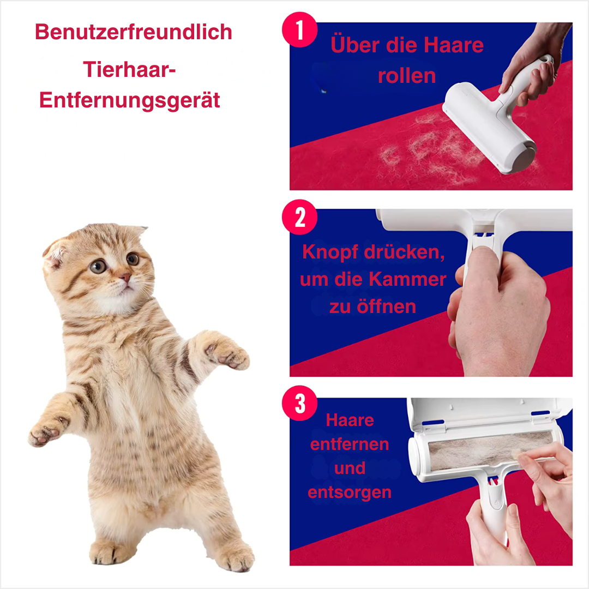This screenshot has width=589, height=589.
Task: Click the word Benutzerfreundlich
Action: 134,32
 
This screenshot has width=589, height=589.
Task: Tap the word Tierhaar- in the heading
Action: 129,69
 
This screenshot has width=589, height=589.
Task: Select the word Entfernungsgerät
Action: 130,101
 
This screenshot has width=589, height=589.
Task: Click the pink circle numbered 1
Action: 299,29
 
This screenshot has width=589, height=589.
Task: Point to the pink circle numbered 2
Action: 299,217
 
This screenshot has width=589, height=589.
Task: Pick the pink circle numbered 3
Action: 299,403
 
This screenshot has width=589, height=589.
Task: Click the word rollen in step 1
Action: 407,76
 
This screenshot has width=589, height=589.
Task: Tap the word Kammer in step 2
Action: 407,279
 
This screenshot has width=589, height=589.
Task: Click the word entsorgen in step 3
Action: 350,492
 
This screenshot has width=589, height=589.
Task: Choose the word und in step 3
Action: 350,468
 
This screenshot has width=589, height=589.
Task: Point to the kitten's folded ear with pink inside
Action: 55,254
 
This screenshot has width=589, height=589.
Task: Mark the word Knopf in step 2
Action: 330,252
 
